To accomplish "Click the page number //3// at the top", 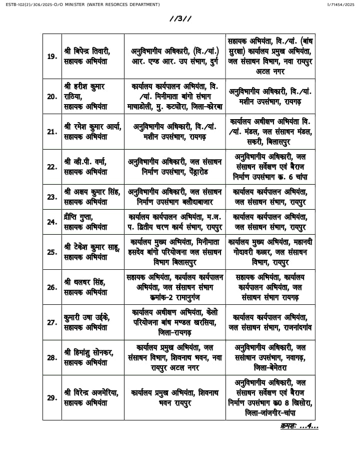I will coord(180,19).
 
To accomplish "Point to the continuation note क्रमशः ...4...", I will coord(299,426).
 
